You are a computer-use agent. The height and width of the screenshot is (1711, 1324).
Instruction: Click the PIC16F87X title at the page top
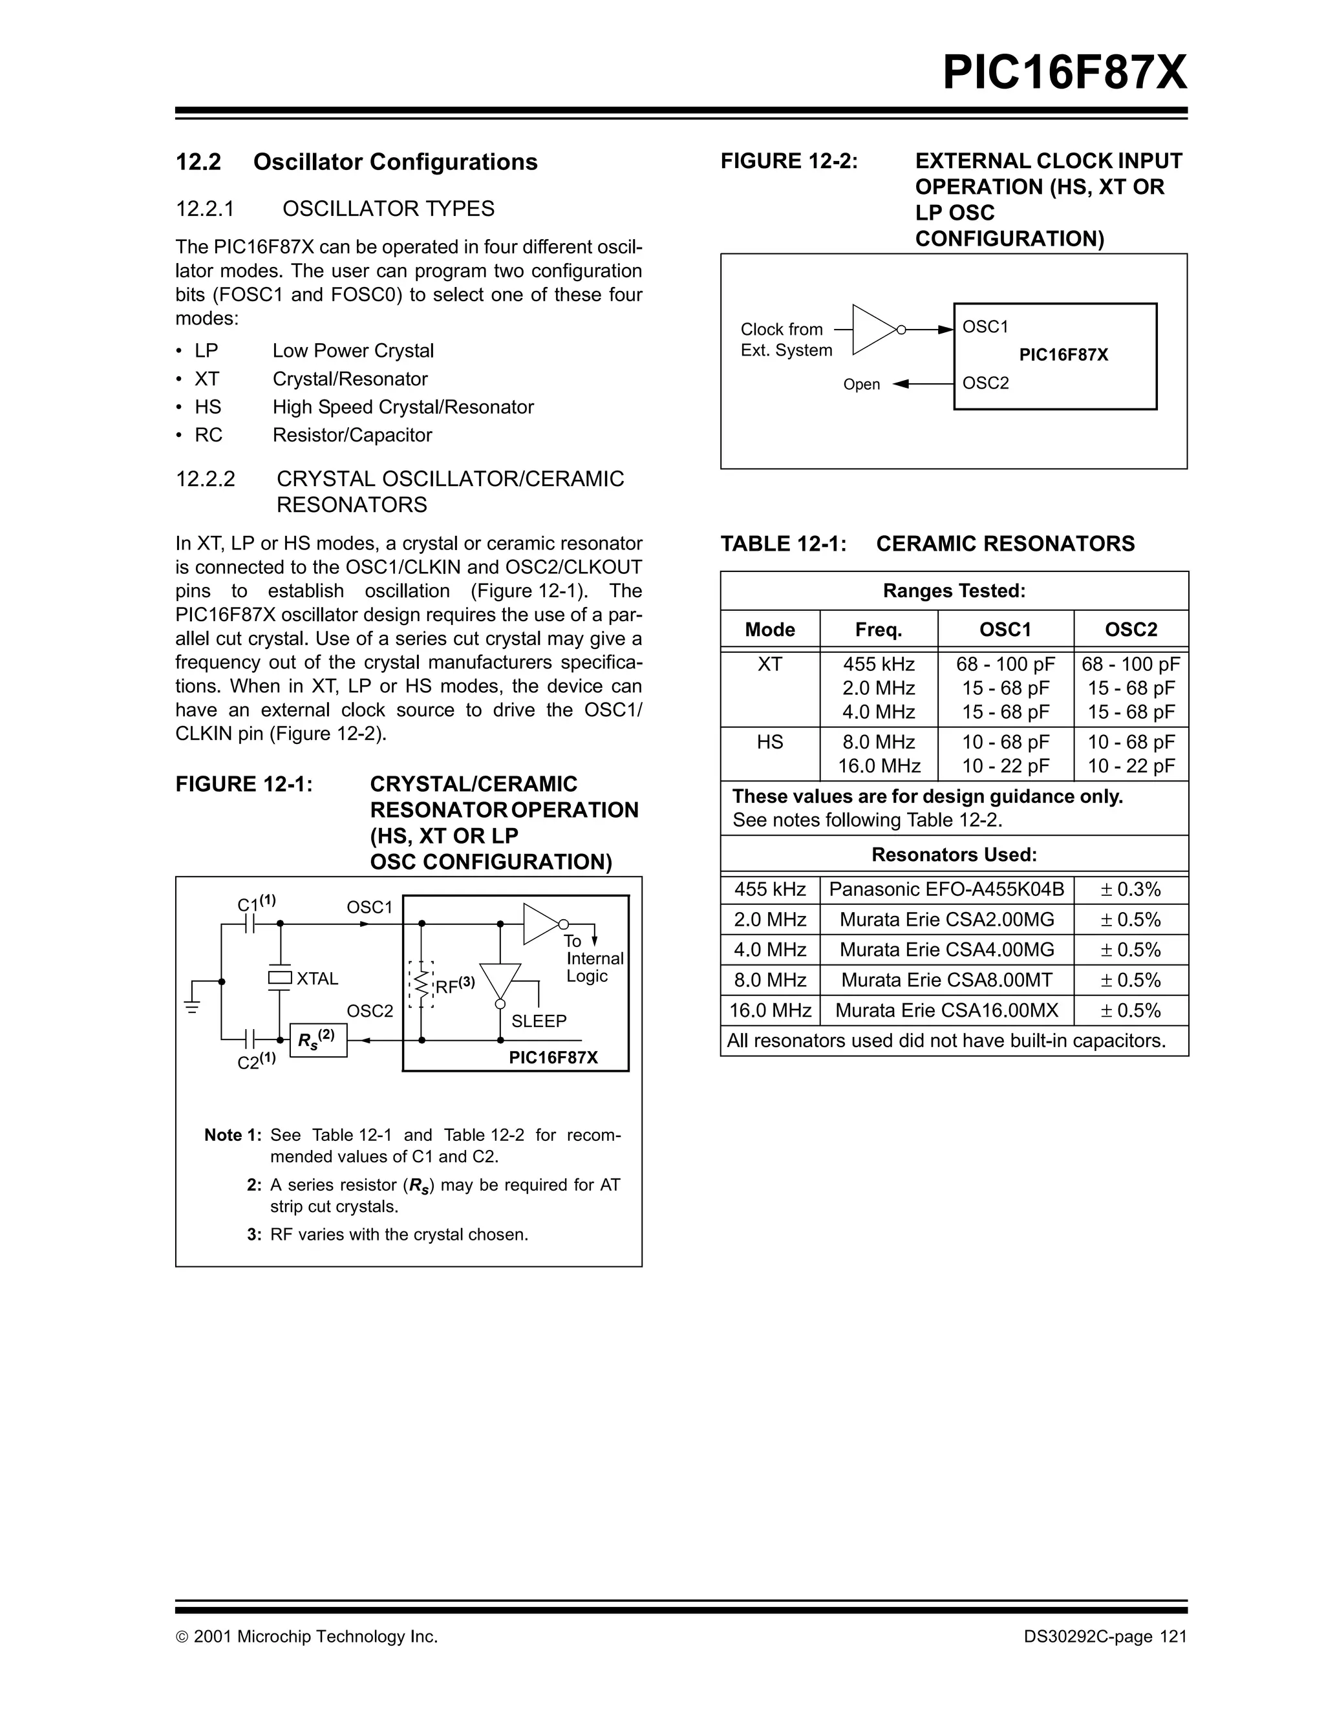pyautogui.click(x=1064, y=73)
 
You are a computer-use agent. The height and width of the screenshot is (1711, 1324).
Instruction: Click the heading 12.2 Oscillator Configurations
pyautogui.click(x=356, y=162)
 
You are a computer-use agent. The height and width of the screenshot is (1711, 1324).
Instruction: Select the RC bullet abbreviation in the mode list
pyautogui.click(x=208, y=435)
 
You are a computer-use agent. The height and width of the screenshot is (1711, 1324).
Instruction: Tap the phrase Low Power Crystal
pyautogui.click(x=352, y=350)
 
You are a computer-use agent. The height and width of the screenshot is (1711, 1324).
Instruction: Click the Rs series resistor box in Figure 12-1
pyautogui.click(x=317, y=1041)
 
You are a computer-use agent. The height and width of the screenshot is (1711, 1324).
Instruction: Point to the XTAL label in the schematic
pyautogui.click(x=317, y=979)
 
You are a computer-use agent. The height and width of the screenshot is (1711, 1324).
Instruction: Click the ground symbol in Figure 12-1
pyautogui.click(x=192, y=1006)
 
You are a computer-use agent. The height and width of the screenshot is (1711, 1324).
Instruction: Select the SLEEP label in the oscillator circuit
pyautogui.click(x=539, y=1021)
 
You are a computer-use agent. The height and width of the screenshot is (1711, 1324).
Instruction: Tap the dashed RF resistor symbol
pyautogui.click(x=422, y=984)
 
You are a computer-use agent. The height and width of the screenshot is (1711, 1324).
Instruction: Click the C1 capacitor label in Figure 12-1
pyautogui.click(x=255, y=903)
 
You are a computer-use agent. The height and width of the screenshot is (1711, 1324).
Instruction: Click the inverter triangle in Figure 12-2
pyautogui.click(x=873, y=330)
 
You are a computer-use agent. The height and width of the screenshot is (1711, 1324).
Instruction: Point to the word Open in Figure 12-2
pyautogui.click(x=861, y=385)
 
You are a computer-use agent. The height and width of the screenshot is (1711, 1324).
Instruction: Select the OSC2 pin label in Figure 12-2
pyautogui.click(x=985, y=383)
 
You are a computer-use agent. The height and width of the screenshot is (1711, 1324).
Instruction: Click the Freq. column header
pyautogui.click(x=878, y=630)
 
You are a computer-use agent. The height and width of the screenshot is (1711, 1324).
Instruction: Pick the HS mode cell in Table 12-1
pyautogui.click(x=769, y=742)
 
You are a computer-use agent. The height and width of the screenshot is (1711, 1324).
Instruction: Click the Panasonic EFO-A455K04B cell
pyautogui.click(x=946, y=889)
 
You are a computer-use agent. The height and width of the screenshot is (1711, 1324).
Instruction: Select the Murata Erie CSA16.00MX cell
pyautogui.click(x=946, y=1010)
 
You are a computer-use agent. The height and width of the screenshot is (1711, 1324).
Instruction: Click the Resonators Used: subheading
pyautogui.click(x=954, y=855)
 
